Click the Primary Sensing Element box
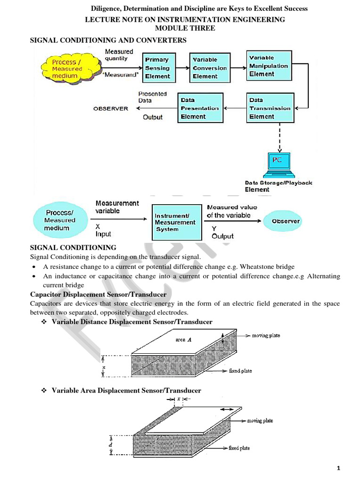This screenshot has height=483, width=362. point(159,68)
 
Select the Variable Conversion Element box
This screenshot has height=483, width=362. point(210,68)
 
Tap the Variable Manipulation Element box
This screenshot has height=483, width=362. point(269,66)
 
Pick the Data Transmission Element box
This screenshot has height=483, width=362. point(270,108)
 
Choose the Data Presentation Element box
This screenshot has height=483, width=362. point(200,108)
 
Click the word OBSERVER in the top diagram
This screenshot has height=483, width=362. point(111,109)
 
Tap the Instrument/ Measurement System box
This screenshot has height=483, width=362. point(177,223)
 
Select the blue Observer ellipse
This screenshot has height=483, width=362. point(282,221)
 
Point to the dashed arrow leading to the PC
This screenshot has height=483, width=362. point(280,138)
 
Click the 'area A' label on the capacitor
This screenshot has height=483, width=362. point(183,340)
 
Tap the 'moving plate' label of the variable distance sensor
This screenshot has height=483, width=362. point(266,335)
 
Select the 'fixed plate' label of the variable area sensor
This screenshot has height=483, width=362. point(239,448)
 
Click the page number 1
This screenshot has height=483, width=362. point(338,468)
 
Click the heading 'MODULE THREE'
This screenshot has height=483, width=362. point(185,28)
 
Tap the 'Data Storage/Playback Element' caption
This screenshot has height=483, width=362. point(278,186)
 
